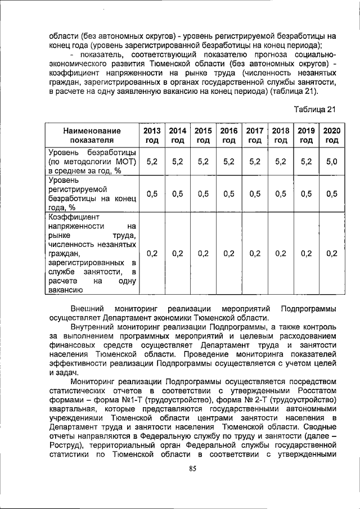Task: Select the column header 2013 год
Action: tap(152, 135)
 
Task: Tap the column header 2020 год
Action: tap(332, 135)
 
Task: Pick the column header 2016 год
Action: tap(229, 135)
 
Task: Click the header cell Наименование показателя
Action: tap(92, 135)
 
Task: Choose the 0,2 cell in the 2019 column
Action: tap(306, 253)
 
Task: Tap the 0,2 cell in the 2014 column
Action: tap(178, 253)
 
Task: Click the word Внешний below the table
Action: tap(88, 309)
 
